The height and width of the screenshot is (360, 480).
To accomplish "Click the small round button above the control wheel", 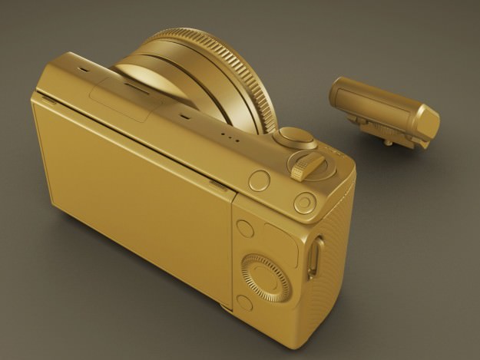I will pos(246,228).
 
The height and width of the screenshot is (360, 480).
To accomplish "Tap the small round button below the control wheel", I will pos(245,303).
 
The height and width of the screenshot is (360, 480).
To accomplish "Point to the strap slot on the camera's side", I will pos(313,257).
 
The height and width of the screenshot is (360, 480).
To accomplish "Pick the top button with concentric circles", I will pos(305,202).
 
